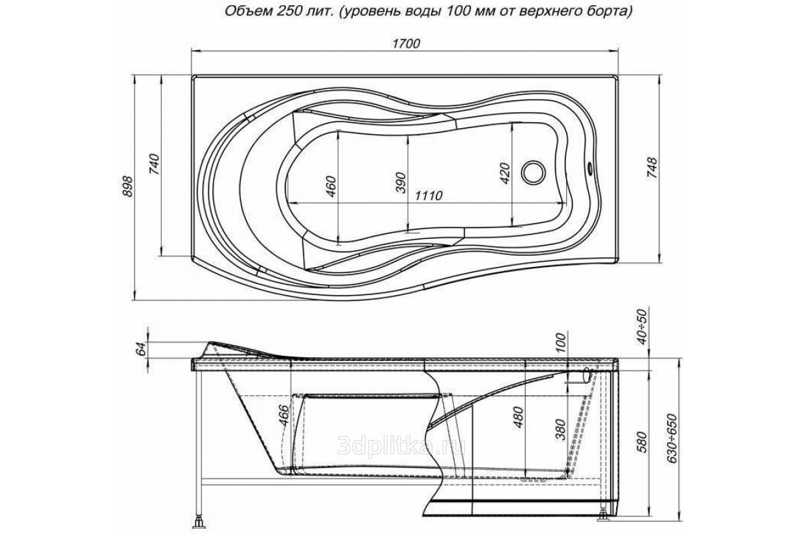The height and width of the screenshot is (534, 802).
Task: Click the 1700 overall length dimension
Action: pyautogui.click(x=406, y=43)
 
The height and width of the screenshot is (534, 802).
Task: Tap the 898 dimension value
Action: pyautogui.click(x=128, y=186)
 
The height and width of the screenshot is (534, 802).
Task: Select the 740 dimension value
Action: pyautogui.click(x=154, y=164)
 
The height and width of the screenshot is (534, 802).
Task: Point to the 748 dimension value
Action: pyautogui.click(x=652, y=168)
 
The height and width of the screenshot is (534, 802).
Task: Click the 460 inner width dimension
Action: pyautogui.click(x=331, y=187)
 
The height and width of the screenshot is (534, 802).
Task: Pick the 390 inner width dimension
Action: pyautogui.click(x=401, y=183)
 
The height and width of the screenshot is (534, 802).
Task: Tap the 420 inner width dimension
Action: pyautogui.click(x=505, y=174)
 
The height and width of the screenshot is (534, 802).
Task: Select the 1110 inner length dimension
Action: pyautogui.click(x=428, y=196)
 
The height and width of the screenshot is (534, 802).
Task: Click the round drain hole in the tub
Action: pyautogui.click(x=533, y=172)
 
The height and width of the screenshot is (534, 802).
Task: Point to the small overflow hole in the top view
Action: pyautogui.click(x=590, y=167)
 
